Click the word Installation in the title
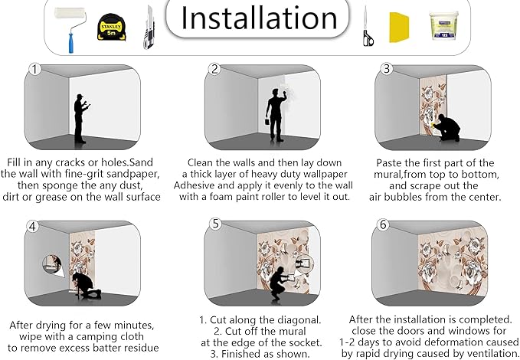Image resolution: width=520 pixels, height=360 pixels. (x=259, y=18)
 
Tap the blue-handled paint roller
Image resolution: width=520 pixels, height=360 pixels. (x=70, y=30)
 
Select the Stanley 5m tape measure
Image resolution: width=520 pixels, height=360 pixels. (x=112, y=28)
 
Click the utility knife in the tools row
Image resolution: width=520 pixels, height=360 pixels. (x=149, y=28)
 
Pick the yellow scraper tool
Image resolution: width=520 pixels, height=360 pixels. (x=399, y=28)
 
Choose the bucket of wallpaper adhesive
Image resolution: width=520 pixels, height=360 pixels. (x=444, y=25)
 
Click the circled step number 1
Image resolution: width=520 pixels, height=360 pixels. (x=34, y=70)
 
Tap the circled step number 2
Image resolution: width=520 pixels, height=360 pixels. (x=215, y=69)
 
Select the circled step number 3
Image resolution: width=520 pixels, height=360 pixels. (x=386, y=69)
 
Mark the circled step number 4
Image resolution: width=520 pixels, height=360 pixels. (x=32, y=227)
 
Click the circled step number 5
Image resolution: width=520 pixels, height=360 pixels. (x=215, y=224)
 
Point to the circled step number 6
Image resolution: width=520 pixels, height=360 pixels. (x=383, y=224)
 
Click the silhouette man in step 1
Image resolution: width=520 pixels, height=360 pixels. (x=80, y=119)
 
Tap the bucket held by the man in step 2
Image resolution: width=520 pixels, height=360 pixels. (x=267, y=122)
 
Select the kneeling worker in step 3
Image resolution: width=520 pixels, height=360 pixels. (x=446, y=128)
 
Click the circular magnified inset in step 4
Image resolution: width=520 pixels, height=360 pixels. (x=52, y=264)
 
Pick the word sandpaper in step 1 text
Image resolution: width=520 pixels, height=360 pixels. (x=133, y=174)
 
